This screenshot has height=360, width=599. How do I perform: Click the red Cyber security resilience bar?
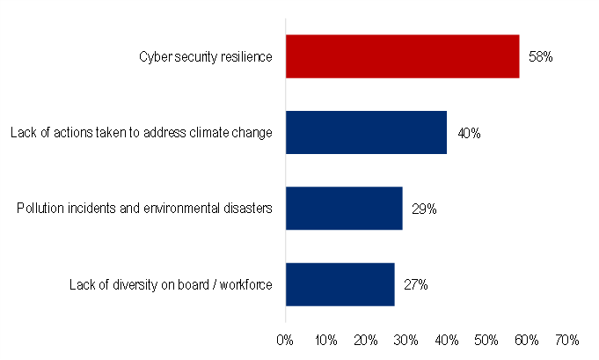point(402,56)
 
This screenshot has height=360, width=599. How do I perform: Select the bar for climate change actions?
point(366,133)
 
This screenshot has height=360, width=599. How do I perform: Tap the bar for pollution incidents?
point(344,209)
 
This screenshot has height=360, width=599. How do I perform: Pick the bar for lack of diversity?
point(340,284)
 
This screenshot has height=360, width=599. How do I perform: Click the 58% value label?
point(540,57)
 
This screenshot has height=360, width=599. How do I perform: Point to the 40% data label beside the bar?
point(468,134)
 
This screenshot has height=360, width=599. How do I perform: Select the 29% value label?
point(424,209)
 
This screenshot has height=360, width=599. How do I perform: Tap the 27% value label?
point(416,285)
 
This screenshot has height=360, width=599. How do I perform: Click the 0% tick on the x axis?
point(285,339)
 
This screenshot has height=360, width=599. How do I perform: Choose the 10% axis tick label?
point(325,339)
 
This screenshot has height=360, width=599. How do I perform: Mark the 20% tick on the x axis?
point(366,339)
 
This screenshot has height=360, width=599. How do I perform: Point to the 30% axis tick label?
point(406,339)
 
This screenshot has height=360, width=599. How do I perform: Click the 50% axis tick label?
point(486,339)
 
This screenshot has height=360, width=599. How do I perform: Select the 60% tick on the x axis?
point(527,339)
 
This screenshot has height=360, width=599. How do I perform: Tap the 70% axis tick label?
point(567,339)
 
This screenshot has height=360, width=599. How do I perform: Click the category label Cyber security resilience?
point(206,57)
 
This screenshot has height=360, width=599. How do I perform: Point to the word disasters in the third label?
point(250,209)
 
